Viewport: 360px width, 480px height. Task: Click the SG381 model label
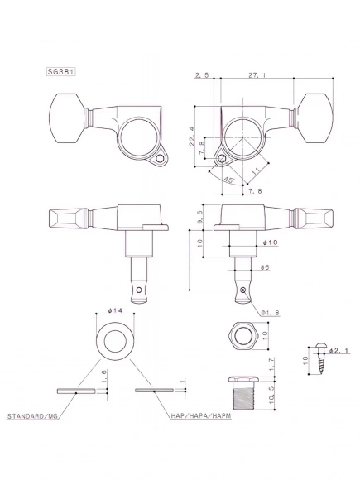[x=63, y=71]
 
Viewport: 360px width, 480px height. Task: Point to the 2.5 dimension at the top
[x=202, y=74]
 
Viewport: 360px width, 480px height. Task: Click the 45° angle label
[x=228, y=177]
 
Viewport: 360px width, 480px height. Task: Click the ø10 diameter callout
[x=270, y=242]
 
